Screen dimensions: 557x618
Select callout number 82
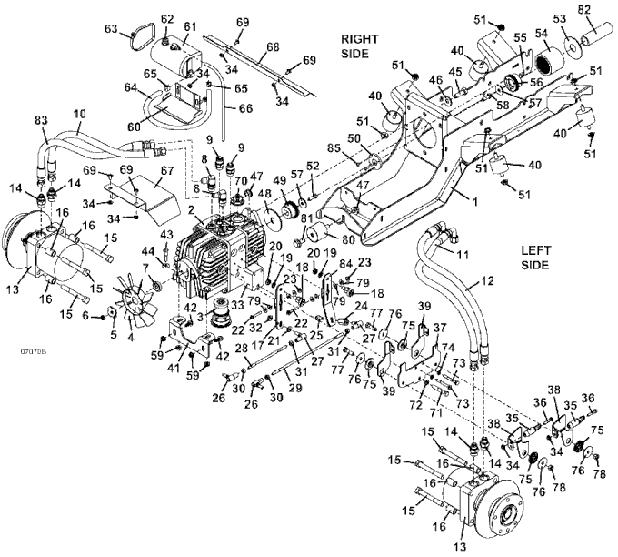[x=585, y=9]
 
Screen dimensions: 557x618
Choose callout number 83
[x=41, y=121]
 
